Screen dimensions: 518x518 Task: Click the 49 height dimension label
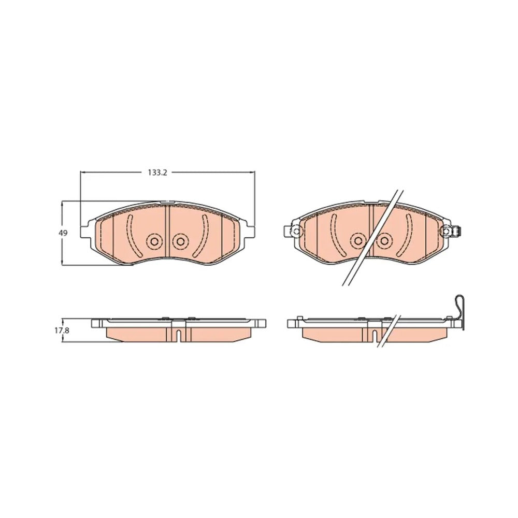tap(63, 233)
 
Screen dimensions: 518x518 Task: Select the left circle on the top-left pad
tap(154, 241)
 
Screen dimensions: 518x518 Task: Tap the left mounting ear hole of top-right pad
tap(295, 231)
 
